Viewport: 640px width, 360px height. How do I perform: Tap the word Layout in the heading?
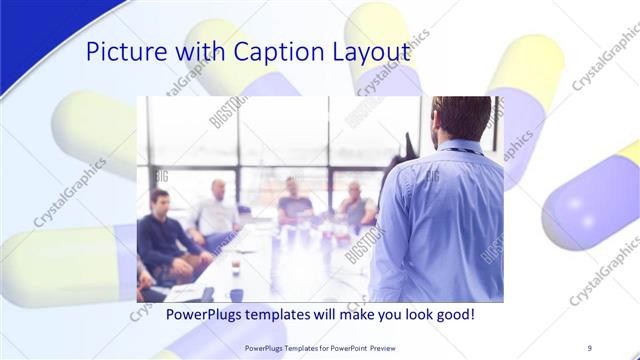click(373, 53)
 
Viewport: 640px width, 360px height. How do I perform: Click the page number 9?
click(590, 348)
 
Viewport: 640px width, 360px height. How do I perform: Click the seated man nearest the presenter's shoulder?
click(355, 205)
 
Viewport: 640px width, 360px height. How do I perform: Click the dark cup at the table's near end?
click(236, 295)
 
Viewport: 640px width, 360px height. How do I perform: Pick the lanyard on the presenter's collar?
click(455, 152)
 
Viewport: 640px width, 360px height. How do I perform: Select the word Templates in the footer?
click(299, 348)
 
